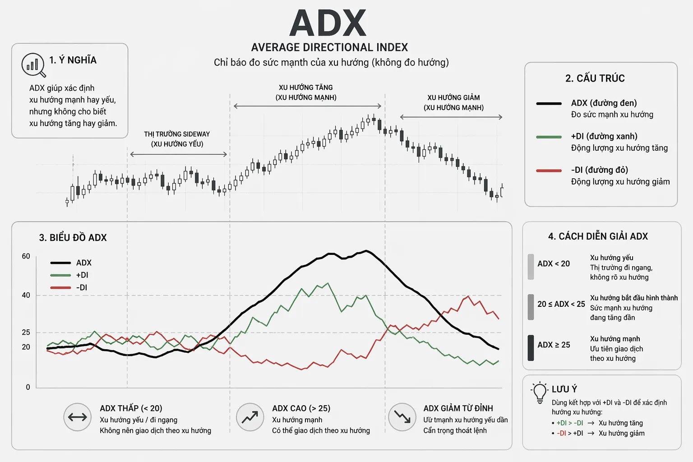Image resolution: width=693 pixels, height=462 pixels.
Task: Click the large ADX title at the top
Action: pyautogui.click(x=328, y=23)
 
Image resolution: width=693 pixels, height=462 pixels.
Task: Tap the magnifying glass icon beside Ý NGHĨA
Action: pyautogui.click(x=33, y=65)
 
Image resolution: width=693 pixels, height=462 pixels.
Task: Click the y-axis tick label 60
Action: pyautogui.click(x=26, y=256)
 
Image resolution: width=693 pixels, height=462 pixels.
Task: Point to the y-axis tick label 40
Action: pyautogui.click(x=26, y=295)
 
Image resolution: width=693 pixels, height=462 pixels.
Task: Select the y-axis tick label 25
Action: pyautogui.click(x=26, y=333)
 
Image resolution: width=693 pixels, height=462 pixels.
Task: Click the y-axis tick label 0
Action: pyautogui.click(x=28, y=387)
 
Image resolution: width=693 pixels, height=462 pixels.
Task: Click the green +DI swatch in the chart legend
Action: pyautogui.click(x=60, y=275)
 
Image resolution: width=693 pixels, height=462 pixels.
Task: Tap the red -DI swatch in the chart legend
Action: pyautogui.click(x=60, y=288)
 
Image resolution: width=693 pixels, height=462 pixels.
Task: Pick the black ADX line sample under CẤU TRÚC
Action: pyautogui.click(x=549, y=104)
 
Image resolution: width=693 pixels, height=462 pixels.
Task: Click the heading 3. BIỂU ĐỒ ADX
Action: pyautogui.click(x=73, y=238)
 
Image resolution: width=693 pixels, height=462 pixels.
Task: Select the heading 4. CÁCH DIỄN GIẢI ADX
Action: pyautogui.click(x=598, y=236)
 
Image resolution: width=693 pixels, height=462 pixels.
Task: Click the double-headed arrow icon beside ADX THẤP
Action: pyautogui.click(x=77, y=417)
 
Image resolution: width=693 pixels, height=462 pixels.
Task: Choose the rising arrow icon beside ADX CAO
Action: pyautogui.click(x=250, y=417)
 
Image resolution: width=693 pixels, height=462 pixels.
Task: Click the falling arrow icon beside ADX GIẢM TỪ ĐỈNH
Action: pyautogui.click(x=402, y=417)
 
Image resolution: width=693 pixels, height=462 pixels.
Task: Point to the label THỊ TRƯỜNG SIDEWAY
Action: pyautogui.click(x=177, y=134)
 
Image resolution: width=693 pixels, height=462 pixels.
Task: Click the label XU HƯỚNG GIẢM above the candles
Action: pyautogui.click(x=453, y=98)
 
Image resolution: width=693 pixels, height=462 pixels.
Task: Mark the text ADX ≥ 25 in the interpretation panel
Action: pyautogui.click(x=554, y=345)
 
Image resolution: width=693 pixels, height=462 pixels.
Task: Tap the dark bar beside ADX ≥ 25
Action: pyautogui.click(x=531, y=348)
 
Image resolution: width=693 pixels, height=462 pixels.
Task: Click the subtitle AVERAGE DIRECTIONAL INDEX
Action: pyautogui.click(x=329, y=48)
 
